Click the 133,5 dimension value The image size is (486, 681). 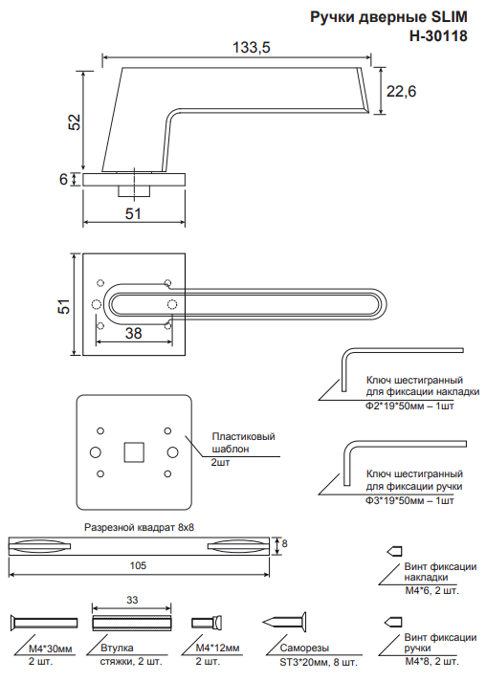(252, 47)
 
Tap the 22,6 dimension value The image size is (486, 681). (401, 91)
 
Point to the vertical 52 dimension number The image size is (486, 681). (75, 122)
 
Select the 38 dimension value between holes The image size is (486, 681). (133, 333)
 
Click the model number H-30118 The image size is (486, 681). (438, 35)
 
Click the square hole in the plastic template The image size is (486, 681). (134, 452)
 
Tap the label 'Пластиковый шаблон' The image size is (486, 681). (243, 443)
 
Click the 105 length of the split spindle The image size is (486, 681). (138, 565)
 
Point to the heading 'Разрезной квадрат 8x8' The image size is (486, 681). (139, 528)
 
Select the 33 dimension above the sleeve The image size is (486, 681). (132, 600)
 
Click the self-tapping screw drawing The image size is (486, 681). (284, 623)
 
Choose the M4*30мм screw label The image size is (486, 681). (51, 648)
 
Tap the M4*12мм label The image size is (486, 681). (217, 648)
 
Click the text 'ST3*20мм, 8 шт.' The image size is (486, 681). (318, 662)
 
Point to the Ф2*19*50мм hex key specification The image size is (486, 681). (409, 406)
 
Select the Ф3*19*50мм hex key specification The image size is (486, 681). (409, 500)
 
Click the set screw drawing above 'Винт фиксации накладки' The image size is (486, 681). (394, 551)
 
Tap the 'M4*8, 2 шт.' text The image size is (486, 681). (431, 662)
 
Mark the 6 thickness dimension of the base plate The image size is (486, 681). (63, 179)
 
